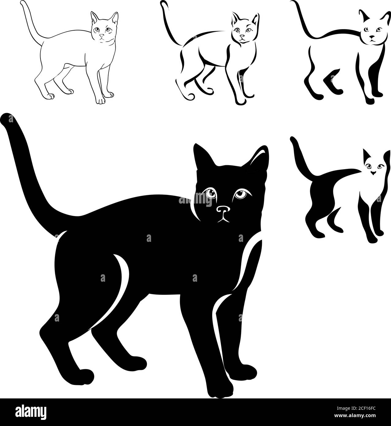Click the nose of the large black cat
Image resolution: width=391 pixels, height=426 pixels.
tap(223, 210)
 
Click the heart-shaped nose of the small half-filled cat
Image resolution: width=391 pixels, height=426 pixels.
tap(373, 173)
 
